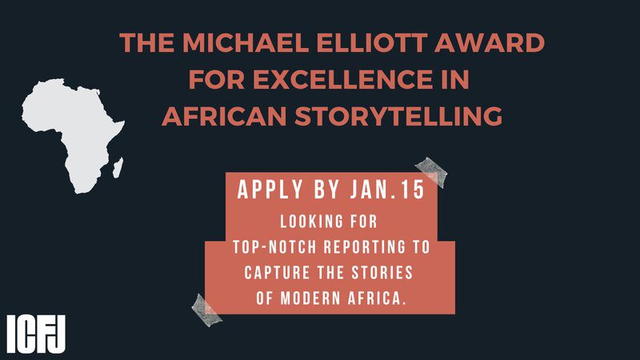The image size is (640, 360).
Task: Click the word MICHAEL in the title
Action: (x=245, y=42)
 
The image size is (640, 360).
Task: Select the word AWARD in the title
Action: (x=490, y=42)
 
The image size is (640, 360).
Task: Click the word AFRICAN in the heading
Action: (x=224, y=116)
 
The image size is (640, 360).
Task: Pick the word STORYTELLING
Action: (x=398, y=116)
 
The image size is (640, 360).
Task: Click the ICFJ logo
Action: (x=36, y=334)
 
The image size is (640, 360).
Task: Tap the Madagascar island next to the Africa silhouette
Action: (x=118, y=167)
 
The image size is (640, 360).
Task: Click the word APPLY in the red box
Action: (x=270, y=190)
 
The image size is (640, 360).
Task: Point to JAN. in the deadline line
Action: (x=374, y=190)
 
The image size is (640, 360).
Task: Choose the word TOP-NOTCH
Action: (x=274, y=247)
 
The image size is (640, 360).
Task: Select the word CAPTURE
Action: (x=275, y=272)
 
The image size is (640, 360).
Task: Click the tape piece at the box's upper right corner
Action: (x=431, y=172)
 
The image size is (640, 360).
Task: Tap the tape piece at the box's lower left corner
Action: (x=207, y=310)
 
